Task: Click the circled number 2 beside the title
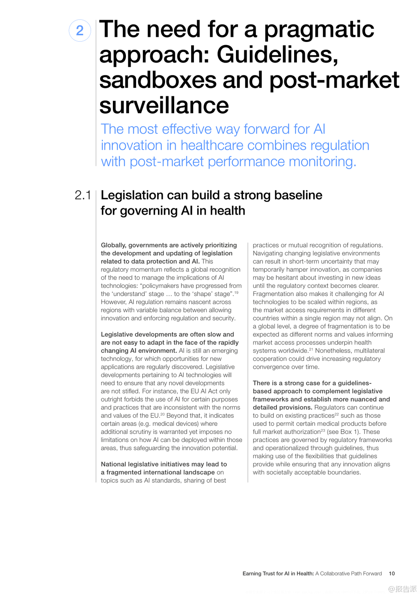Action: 80,30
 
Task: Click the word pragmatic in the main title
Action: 319,30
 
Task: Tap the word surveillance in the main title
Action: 164,105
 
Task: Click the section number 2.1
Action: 82,195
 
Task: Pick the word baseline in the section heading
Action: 298,195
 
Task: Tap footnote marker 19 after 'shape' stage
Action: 236,293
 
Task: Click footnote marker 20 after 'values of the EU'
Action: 162,414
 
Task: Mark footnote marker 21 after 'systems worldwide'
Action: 311,349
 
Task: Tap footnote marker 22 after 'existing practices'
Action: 337,414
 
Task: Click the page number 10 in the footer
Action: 392,573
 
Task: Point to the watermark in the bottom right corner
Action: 403,589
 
